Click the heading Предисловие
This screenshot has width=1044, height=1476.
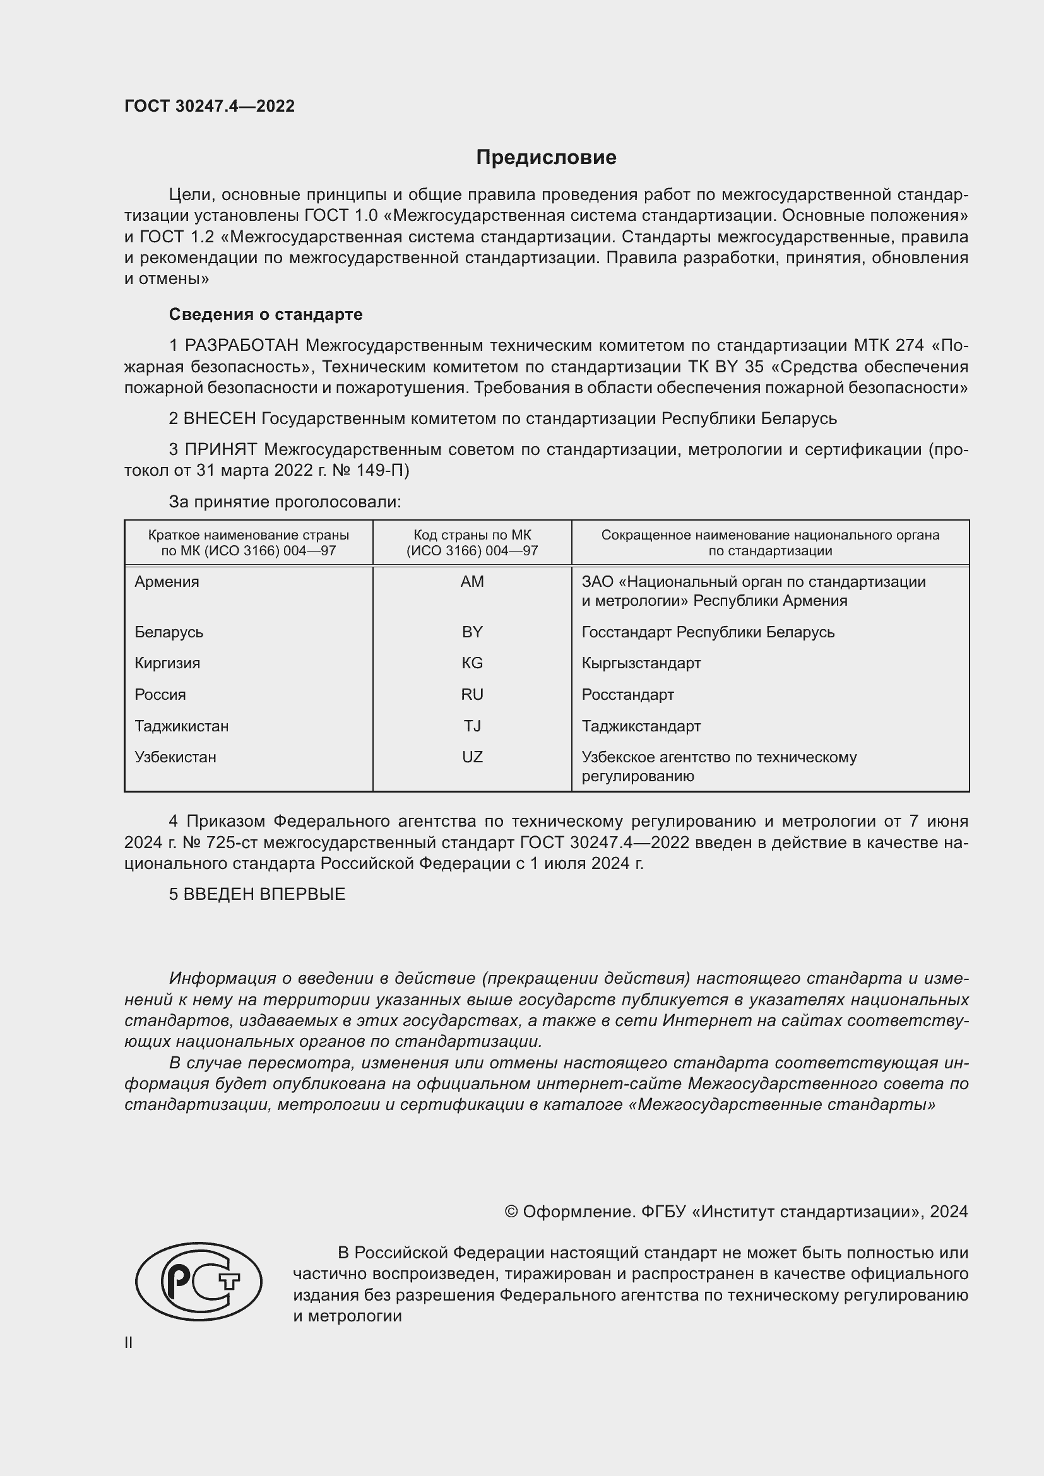tap(546, 158)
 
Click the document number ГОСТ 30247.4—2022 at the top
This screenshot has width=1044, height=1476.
tap(210, 106)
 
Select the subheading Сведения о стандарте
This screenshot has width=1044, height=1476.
tap(266, 314)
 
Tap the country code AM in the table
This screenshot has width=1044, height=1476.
tap(472, 582)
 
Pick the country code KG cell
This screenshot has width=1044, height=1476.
tap(472, 663)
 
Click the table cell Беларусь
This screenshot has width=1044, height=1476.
tap(169, 632)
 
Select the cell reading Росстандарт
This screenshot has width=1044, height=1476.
tap(627, 694)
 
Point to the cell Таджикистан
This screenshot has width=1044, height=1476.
tap(181, 726)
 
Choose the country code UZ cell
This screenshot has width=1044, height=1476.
tap(472, 757)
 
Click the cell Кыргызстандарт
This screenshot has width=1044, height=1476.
tap(641, 663)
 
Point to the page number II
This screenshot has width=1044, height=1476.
tap(129, 1342)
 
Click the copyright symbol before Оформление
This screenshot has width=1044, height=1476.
tap(511, 1212)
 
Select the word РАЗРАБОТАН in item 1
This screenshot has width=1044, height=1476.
tap(242, 346)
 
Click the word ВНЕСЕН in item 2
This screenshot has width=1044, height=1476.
tap(220, 418)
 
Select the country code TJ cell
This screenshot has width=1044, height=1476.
tap(472, 726)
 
